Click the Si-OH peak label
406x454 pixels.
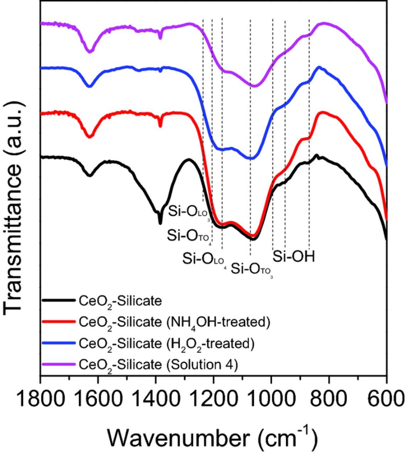(294, 256)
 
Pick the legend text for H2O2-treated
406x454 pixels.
(166, 344)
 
